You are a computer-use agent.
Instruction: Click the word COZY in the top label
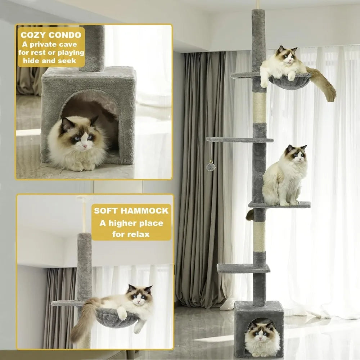click(x=33, y=35)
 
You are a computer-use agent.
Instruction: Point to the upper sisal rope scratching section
click(x=260, y=107)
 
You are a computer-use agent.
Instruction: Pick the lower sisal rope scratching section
click(x=259, y=237)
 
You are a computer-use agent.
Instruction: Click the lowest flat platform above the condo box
click(x=243, y=268)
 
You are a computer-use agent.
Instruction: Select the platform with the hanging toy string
click(x=240, y=139)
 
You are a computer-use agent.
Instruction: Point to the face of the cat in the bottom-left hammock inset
click(x=139, y=296)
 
